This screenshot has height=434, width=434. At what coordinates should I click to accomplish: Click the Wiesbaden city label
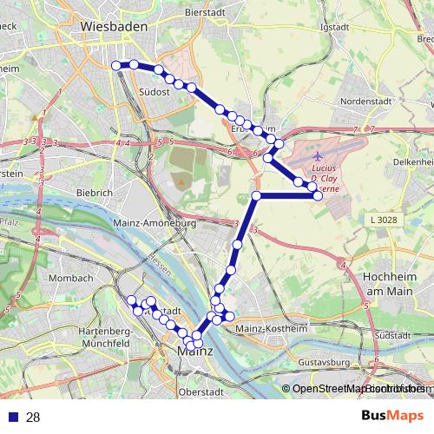(x=114, y=26)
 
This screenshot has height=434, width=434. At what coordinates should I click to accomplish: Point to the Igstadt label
(x=333, y=26)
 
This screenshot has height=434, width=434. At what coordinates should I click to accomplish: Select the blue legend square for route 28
(x=13, y=418)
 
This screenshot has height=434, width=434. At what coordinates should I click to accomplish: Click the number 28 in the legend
(x=33, y=418)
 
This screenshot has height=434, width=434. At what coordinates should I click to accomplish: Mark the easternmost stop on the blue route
(x=318, y=196)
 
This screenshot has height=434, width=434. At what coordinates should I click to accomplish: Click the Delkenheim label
(x=411, y=161)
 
